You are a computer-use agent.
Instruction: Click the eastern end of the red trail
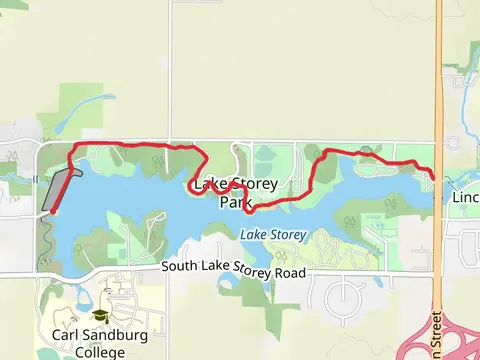tap(434, 176)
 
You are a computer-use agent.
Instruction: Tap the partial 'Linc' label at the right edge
tap(465, 198)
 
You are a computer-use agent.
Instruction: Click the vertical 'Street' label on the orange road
tap(438, 336)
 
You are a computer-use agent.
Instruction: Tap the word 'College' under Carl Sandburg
tap(99, 351)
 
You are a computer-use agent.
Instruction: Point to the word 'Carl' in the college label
tap(62, 335)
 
